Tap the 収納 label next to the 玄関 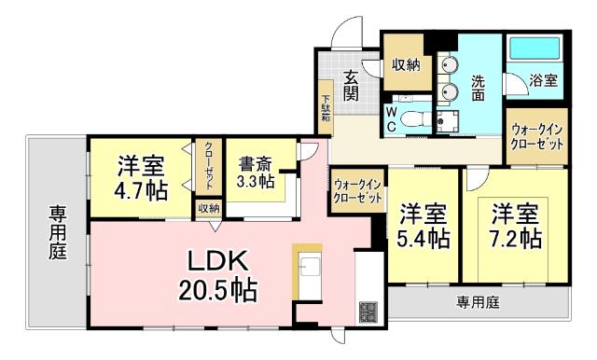click(406, 64)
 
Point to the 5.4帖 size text click(423, 237)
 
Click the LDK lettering click(218, 259)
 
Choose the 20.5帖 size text click(219, 290)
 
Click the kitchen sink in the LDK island click(309, 267)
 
